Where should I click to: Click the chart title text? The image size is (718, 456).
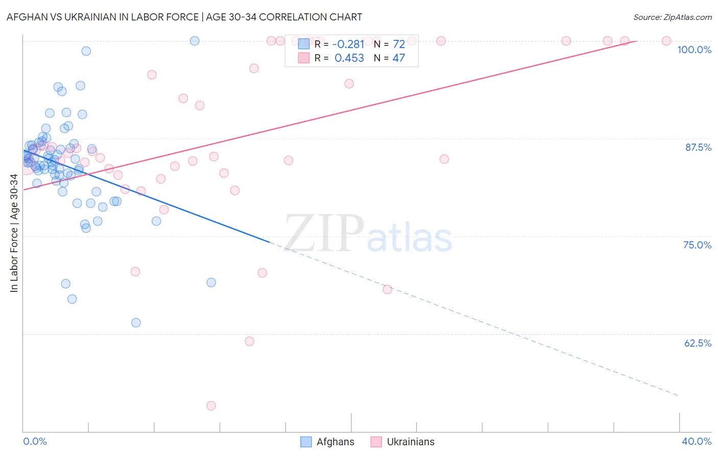[184, 17]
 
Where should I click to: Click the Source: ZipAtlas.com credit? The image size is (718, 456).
[672, 17]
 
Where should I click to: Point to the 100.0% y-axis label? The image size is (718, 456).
[694, 50]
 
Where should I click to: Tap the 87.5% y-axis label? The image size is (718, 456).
[698, 147]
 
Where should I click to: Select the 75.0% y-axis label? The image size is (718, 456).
[697, 245]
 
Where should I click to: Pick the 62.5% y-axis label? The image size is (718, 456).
[698, 343]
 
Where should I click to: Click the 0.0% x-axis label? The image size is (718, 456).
[35, 441]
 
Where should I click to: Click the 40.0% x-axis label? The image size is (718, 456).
[696, 441]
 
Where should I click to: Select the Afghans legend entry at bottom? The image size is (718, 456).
[327, 442]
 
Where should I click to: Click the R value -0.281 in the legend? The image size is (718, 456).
[349, 44]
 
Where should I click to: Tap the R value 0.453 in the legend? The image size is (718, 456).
[349, 58]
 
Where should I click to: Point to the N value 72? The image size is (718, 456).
[398, 44]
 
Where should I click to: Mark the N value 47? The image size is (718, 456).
[398, 58]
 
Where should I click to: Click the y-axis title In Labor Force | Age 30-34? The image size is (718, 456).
[14, 233]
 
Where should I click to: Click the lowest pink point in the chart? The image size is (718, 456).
[211, 406]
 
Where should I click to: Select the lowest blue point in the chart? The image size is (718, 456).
[136, 323]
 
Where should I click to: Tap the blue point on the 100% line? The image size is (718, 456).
[195, 41]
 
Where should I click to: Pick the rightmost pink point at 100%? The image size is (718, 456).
[666, 41]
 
